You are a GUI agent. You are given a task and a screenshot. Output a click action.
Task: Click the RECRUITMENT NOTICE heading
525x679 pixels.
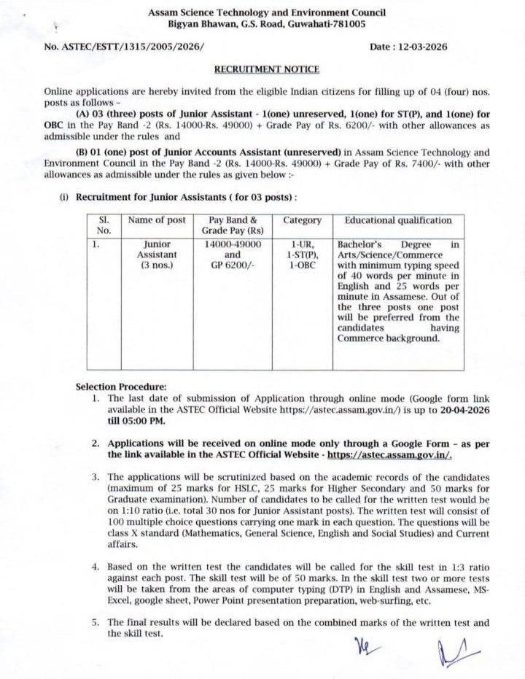click(266, 69)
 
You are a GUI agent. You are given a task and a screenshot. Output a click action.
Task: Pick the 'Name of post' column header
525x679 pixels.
click(157, 220)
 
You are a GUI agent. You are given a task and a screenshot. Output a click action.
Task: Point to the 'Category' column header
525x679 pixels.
click(302, 220)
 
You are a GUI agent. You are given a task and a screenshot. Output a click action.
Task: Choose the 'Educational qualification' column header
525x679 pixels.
click(398, 220)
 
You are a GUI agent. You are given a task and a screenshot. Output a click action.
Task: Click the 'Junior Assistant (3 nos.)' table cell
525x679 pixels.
click(157, 255)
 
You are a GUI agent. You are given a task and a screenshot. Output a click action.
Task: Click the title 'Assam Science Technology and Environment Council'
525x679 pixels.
click(266, 13)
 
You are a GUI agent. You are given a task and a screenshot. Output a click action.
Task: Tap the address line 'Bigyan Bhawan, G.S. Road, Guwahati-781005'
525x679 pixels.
click(266, 24)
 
